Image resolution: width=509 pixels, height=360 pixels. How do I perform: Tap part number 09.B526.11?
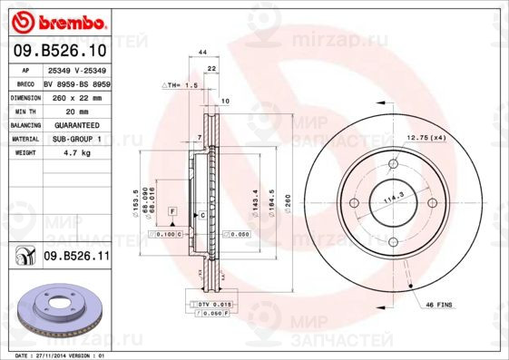[x=76, y=258]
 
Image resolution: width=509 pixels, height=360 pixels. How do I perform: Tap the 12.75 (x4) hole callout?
[x=427, y=137]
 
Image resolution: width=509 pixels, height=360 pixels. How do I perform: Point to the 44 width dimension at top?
[x=204, y=54]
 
